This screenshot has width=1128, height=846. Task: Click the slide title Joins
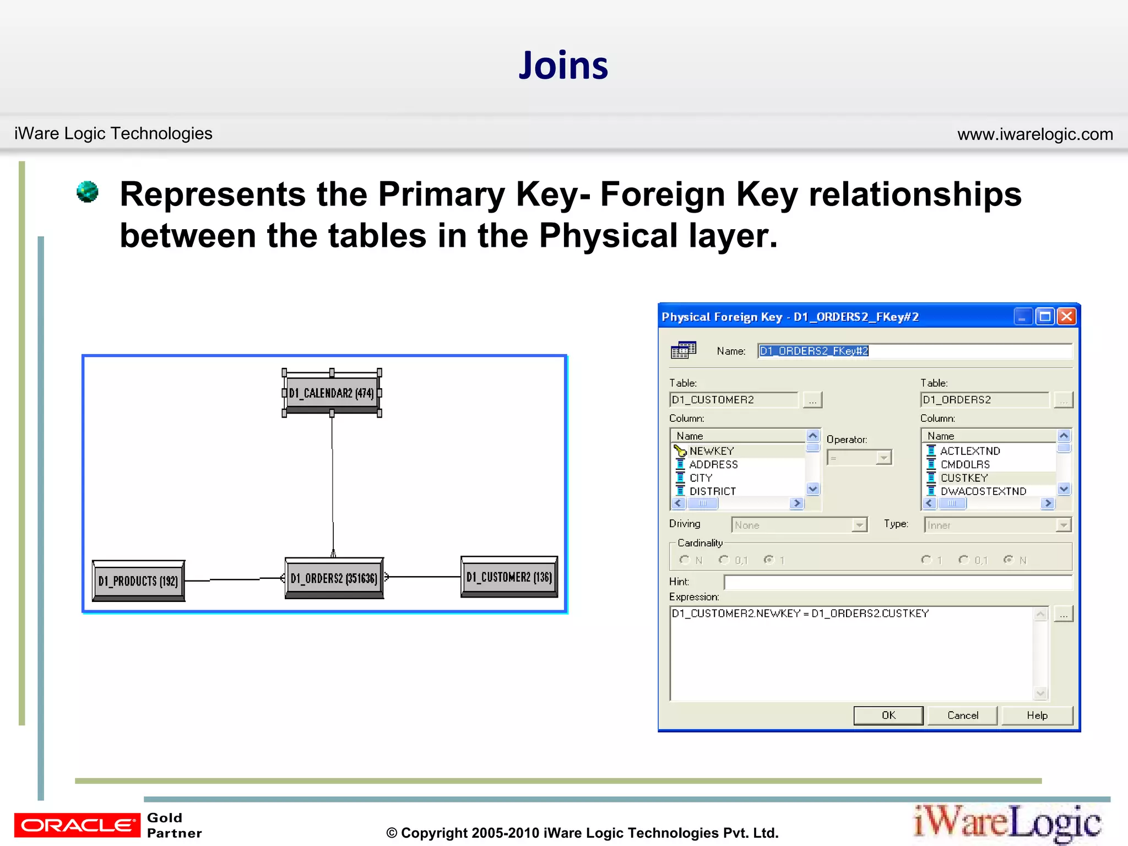click(563, 66)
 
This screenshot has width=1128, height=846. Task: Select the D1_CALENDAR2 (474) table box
click(332, 393)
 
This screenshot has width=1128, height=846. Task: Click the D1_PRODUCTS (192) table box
click(138, 581)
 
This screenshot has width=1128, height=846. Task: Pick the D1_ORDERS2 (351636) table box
click(334, 578)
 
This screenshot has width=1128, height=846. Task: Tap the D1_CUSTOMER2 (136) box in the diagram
click(509, 577)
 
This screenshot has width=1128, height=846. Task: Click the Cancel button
click(962, 715)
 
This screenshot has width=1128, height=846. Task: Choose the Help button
click(1037, 715)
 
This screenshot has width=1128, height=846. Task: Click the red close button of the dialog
click(1066, 316)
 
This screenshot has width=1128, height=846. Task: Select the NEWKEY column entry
click(712, 451)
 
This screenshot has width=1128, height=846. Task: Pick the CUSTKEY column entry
click(964, 478)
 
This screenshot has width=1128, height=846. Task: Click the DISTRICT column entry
click(712, 491)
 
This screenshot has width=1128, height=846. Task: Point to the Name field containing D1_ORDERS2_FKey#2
click(914, 351)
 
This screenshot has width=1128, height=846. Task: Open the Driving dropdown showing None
click(799, 525)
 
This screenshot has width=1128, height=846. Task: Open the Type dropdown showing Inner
click(997, 525)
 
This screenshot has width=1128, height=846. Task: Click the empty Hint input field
click(898, 582)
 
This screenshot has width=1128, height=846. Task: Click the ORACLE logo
click(77, 825)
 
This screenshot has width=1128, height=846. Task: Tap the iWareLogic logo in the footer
click(1007, 823)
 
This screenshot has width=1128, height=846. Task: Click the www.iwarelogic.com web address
click(1035, 134)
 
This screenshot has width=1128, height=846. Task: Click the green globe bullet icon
click(88, 192)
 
